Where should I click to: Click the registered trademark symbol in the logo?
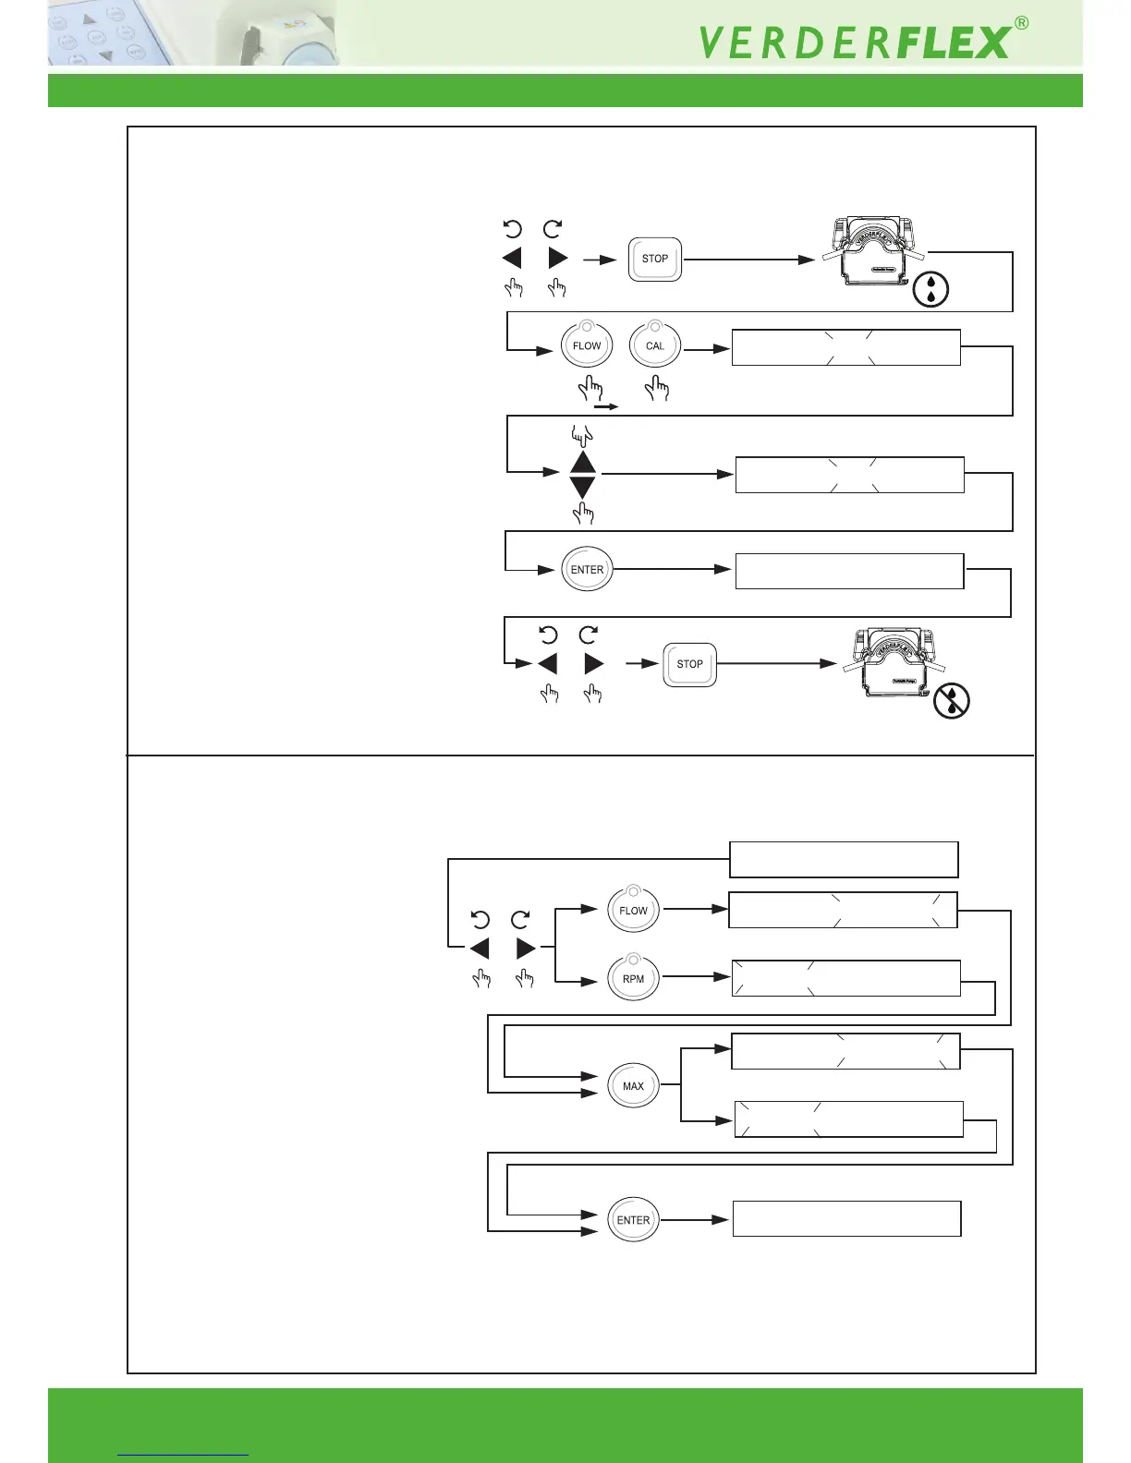point(1021,24)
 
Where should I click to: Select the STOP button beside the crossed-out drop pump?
point(689,664)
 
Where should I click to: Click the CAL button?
point(655,346)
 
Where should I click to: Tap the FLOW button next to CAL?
point(587,346)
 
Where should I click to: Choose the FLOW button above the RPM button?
point(633,911)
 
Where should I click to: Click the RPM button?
point(633,979)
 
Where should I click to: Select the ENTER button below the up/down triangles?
point(587,570)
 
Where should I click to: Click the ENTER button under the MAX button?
point(633,1220)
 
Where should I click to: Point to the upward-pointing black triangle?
point(582,462)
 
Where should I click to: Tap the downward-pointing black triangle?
point(582,487)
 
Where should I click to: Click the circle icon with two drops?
point(930,289)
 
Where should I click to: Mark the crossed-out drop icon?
point(952,702)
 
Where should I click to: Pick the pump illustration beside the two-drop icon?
point(873,251)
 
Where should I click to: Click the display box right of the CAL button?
point(845,347)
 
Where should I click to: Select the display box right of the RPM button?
point(845,978)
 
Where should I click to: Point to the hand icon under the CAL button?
point(657,388)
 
